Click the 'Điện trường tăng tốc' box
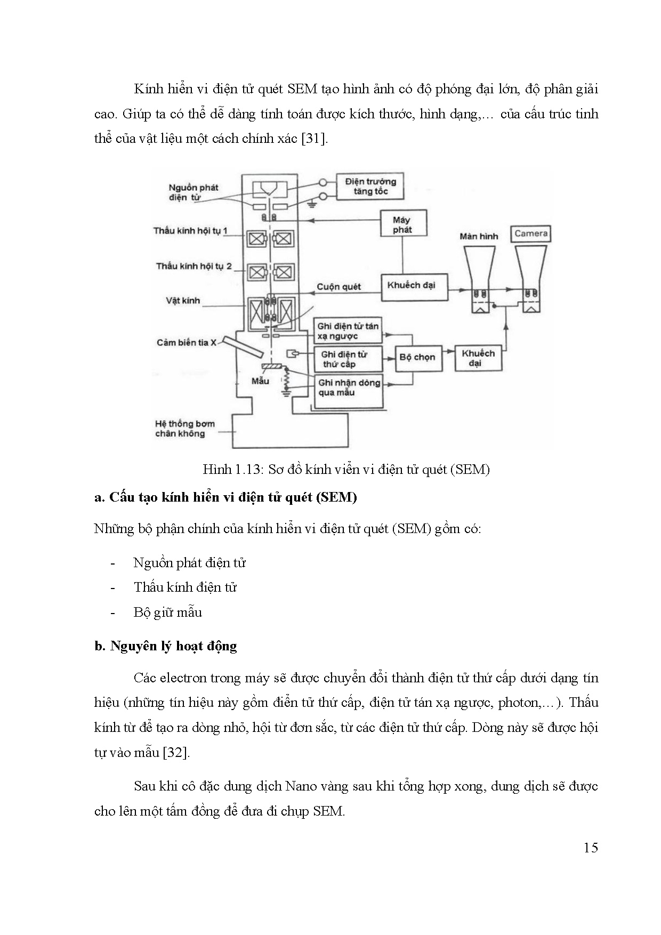click(x=370, y=187)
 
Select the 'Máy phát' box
click(x=402, y=224)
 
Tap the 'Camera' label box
click(x=531, y=233)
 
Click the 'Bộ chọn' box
click(x=417, y=357)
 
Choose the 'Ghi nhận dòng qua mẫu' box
click(x=349, y=388)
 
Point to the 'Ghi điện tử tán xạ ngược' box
click(x=348, y=331)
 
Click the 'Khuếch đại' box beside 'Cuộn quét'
click(x=412, y=285)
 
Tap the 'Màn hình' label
click(x=478, y=236)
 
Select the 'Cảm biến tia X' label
click(x=186, y=343)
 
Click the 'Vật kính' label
click(x=183, y=301)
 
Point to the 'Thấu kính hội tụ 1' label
click(x=190, y=231)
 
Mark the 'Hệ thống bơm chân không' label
click(x=184, y=429)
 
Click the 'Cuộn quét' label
click(x=338, y=287)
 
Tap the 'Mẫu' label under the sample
click(x=260, y=381)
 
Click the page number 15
click(x=591, y=848)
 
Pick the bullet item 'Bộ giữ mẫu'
click(x=167, y=612)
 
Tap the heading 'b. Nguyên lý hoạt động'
click(x=165, y=646)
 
